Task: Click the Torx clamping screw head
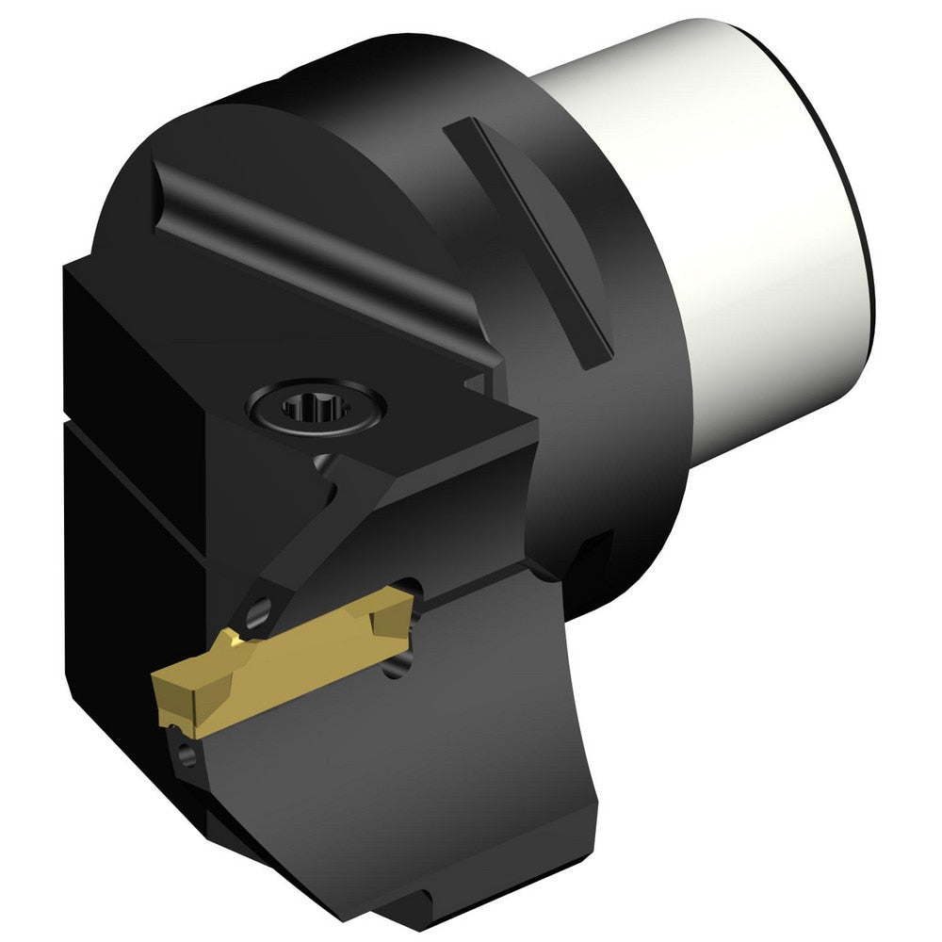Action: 315,407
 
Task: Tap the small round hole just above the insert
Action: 254,617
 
